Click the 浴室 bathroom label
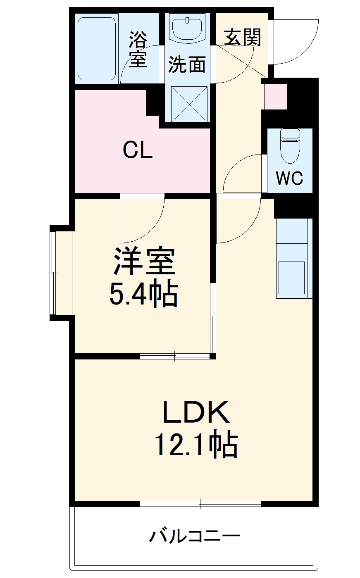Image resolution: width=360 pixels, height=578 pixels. tap(138, 50)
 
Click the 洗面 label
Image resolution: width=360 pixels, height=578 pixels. tap(187, 65)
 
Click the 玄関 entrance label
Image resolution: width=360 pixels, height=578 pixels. tap(243, 38)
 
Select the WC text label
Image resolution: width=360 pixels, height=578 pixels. tap(289, 178)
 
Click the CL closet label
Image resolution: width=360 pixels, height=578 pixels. tap(138, 151)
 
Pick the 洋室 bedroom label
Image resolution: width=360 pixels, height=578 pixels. tap(144, 262)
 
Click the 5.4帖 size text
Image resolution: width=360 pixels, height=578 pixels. tap(143, 294)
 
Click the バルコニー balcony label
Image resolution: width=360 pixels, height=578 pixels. tap(194, 537)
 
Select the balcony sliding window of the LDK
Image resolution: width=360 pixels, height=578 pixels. tap(200, 503)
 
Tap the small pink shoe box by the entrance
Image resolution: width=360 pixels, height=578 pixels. tap(275, 96)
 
